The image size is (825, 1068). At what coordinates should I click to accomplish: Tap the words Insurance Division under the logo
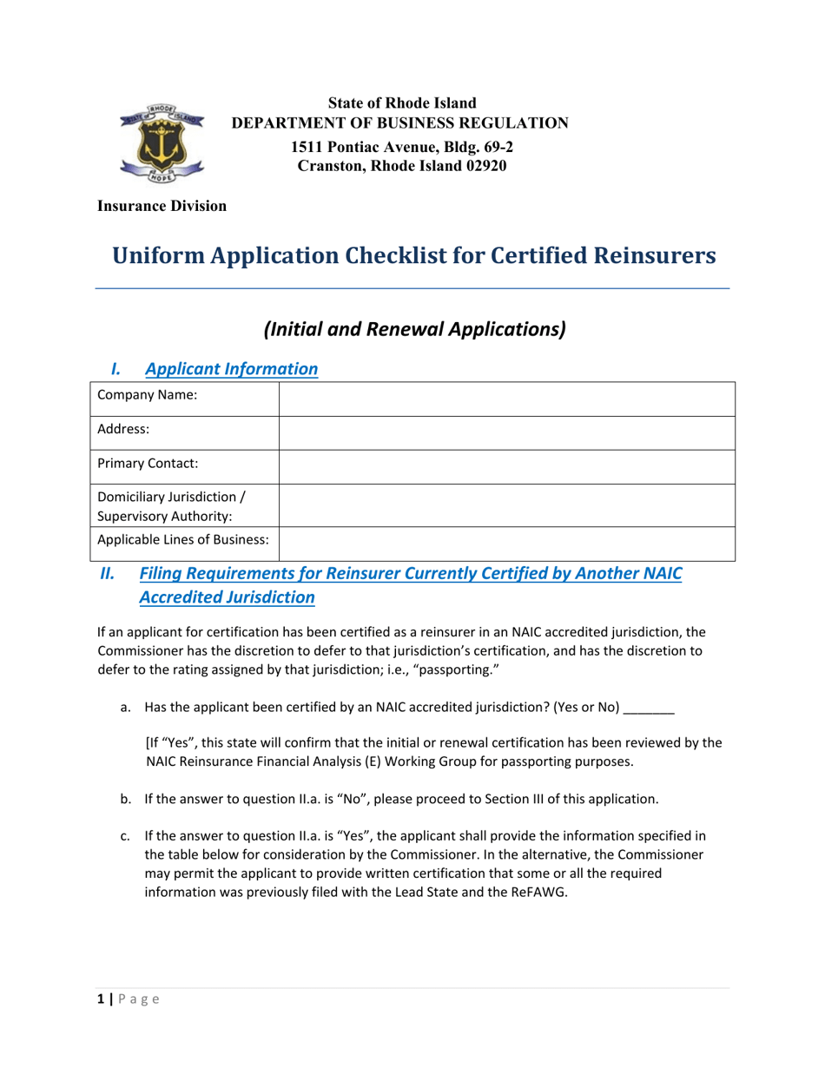coord(162,206)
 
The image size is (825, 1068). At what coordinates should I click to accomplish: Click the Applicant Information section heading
coord(231,369)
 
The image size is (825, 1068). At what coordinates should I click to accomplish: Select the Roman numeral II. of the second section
coord(108,573)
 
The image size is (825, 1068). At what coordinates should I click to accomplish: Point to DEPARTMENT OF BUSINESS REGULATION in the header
coord(399,122)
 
